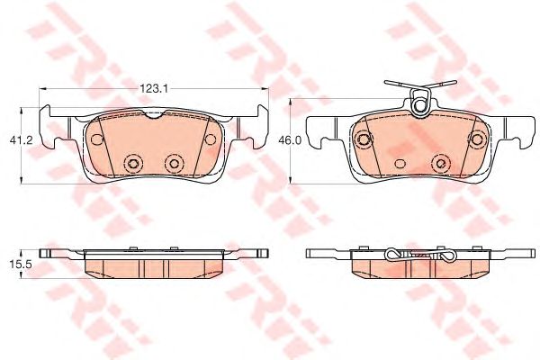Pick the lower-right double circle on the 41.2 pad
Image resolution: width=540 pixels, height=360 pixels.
click(175, 163)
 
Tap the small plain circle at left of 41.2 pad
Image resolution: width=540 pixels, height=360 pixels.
click(95, 139)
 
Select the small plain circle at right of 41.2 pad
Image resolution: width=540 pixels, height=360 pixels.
click(211, 139)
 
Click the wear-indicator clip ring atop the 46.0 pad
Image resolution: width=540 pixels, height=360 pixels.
click(417, 103)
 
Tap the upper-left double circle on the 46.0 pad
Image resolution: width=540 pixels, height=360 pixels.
click(364, 139)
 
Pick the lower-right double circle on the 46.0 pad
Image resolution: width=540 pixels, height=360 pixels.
click(440, 163)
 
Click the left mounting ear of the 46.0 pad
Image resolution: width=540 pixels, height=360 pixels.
click(315, 135)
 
